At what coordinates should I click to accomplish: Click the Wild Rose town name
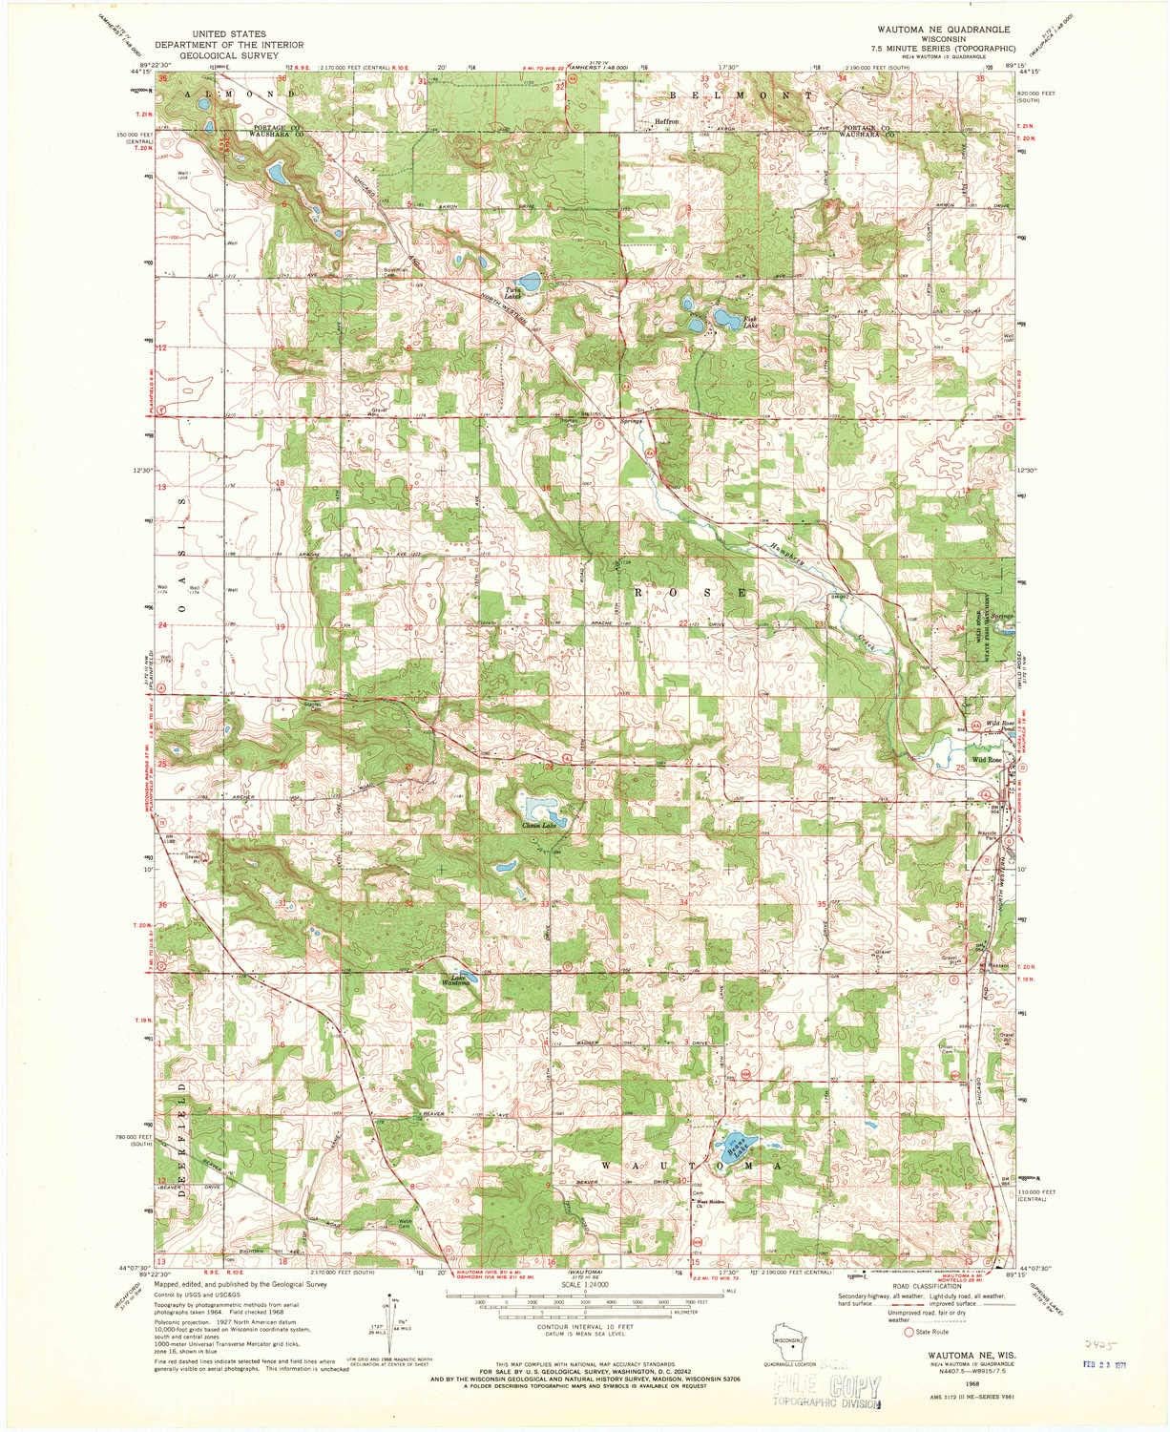[x=986, y=759]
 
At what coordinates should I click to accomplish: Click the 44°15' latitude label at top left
[x=141, y=70]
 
